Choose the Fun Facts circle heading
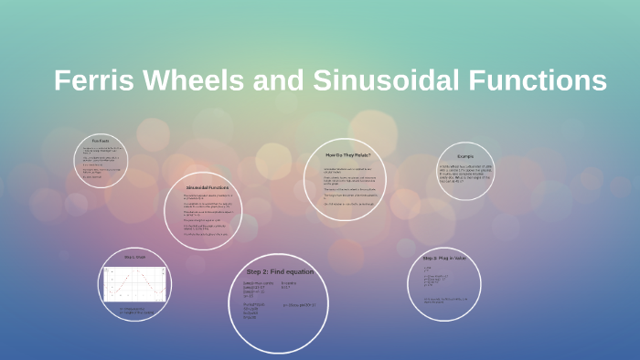(101, 140)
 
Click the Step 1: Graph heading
(135, 258)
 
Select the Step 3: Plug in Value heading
(444, 259)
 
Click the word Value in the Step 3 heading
(459, 259)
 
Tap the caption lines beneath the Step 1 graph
(135, 311)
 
